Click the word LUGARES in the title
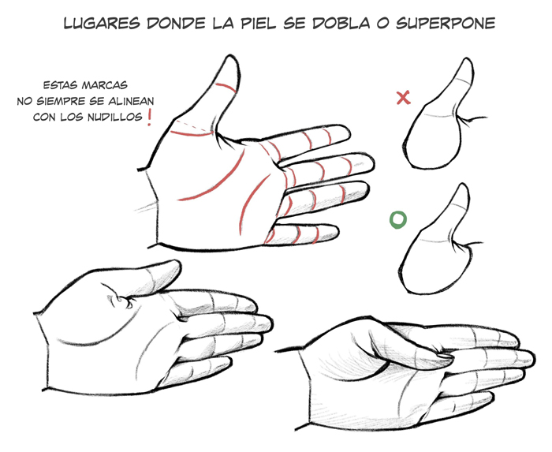(102, 23)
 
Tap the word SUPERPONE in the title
(446, 23)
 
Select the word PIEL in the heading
(257, 23)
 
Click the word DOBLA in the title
(341, 23)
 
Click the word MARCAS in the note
(105, 85)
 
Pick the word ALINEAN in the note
(131, 102)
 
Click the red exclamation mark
(150, 118)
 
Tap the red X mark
(403, 98)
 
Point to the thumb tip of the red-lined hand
(230, 56)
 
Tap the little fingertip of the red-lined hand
(337, 233)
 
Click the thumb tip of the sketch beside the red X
(468, 60)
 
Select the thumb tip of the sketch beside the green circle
(464, 185)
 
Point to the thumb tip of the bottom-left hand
(177, 265)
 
